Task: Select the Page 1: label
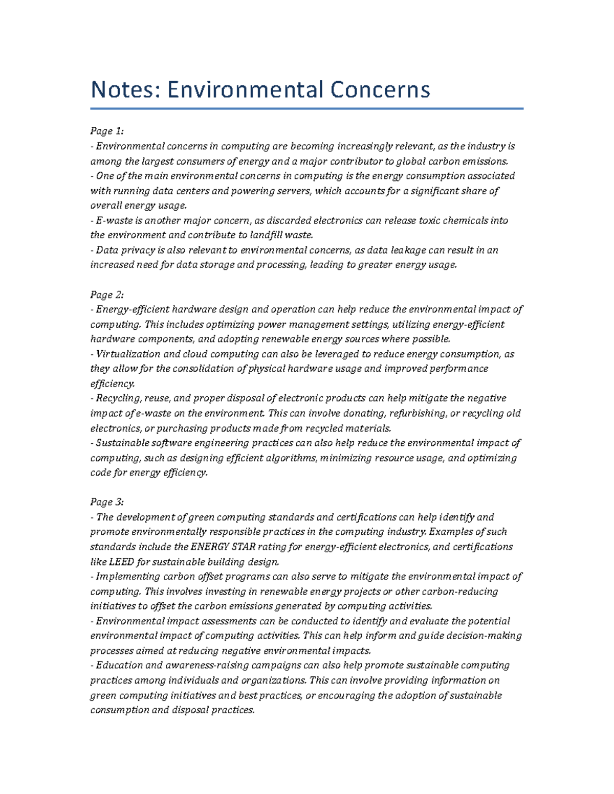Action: click(107, 131)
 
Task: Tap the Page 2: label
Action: click(107, 295)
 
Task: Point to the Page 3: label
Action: click(107, 502)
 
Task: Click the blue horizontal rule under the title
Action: click(307, 108)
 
